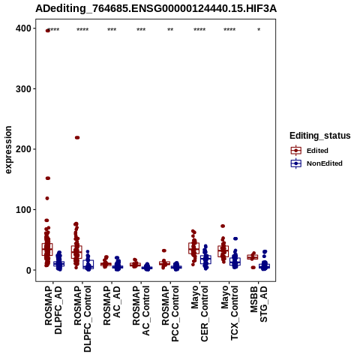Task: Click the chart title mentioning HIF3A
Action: tap(156, 9)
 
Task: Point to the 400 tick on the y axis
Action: tap(24, 28)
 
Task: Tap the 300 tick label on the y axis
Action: tap(24, 89)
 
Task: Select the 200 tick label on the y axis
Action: tap(24, 149)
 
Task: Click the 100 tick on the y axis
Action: tap(24, 210)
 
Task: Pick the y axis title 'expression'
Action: tap(8, 150)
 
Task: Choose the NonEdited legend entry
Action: tap(316, 163)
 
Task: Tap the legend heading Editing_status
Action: tap(320, 136)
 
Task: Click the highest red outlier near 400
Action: tap(47, 31)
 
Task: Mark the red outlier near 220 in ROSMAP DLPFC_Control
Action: tap(77, 137)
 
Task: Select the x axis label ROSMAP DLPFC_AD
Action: tap(53, 310)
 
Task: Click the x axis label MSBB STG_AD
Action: tap(259, 304)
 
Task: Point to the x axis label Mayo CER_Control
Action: tap(199, 313)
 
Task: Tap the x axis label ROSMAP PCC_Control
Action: tap(170, 313)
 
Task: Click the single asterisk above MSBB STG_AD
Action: tap(259, 30)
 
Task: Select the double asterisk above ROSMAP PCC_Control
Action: tap(170, 30)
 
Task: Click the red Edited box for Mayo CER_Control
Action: tap(194, 248)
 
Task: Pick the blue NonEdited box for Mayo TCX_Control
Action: tap(235, 262)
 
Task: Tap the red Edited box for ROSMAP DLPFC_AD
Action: tap(47, 249)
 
